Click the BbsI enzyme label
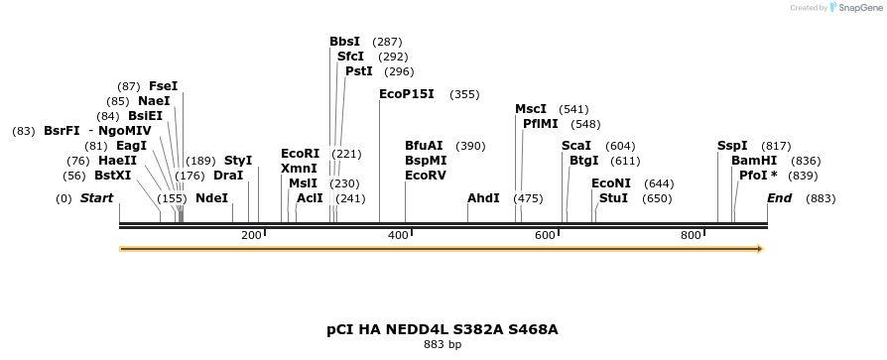click(x=345, y=43)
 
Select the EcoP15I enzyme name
click(x=407, y=94)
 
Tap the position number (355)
click(x=464, y=94)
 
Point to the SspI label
click(x=732, y=146)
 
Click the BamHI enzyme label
click(x=754, y=161)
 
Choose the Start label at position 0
click(x=96, y=198)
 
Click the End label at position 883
click(x=779, y=198)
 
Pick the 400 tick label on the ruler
click(x=398, y=235)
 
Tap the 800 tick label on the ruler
click(x=692, y=235)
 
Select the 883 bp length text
click(x=443, y=345)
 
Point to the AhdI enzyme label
click(x=483, y=198)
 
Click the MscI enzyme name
click(x=531, y=109)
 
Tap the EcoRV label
click(x=426, y=176)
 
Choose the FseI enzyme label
click(x=163, y=86)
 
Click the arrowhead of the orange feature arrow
click(x=759, y=249)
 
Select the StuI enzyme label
click(x=613, y=198)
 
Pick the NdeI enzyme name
click(x=211, y=198)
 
